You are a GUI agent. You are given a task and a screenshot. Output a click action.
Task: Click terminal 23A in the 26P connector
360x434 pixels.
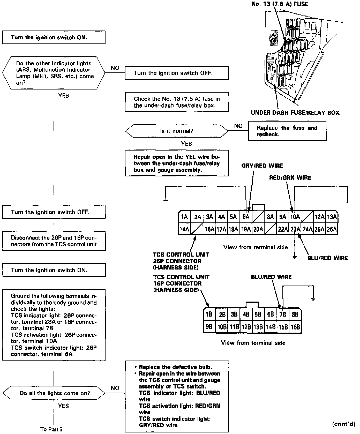295,229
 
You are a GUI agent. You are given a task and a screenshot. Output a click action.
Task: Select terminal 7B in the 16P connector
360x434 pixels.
283,314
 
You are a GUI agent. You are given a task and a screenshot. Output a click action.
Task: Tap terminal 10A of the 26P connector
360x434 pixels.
295,217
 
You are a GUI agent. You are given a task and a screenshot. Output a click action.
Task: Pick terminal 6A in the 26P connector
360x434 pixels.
246,217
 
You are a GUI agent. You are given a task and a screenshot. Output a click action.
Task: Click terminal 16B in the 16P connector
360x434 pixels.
295,327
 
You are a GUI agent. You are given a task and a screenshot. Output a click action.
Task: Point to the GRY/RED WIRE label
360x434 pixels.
262,166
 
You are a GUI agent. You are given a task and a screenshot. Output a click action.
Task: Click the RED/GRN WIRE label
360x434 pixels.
290,178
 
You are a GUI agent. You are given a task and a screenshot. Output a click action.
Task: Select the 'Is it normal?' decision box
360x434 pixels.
177,131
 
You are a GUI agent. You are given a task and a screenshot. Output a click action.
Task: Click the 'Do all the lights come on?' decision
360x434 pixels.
54,393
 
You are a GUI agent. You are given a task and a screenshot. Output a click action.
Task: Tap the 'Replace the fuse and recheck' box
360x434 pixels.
287,131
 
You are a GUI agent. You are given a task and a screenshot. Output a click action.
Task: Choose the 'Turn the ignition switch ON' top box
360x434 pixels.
54,38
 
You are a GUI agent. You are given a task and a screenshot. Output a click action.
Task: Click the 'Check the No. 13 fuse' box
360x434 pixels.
177,102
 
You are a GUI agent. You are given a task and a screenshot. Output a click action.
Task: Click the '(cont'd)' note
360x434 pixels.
344,424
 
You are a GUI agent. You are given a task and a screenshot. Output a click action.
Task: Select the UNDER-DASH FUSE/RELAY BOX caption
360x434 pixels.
295,113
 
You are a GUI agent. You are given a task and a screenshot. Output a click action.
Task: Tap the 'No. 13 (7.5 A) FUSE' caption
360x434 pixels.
280,4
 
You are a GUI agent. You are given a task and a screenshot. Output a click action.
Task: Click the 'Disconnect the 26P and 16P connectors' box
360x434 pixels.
54,241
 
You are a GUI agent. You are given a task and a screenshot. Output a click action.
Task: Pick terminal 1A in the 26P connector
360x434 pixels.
184,217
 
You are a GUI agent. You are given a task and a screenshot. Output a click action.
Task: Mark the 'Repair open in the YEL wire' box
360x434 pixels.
177,163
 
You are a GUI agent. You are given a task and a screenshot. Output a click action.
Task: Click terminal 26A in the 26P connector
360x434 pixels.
332,229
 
